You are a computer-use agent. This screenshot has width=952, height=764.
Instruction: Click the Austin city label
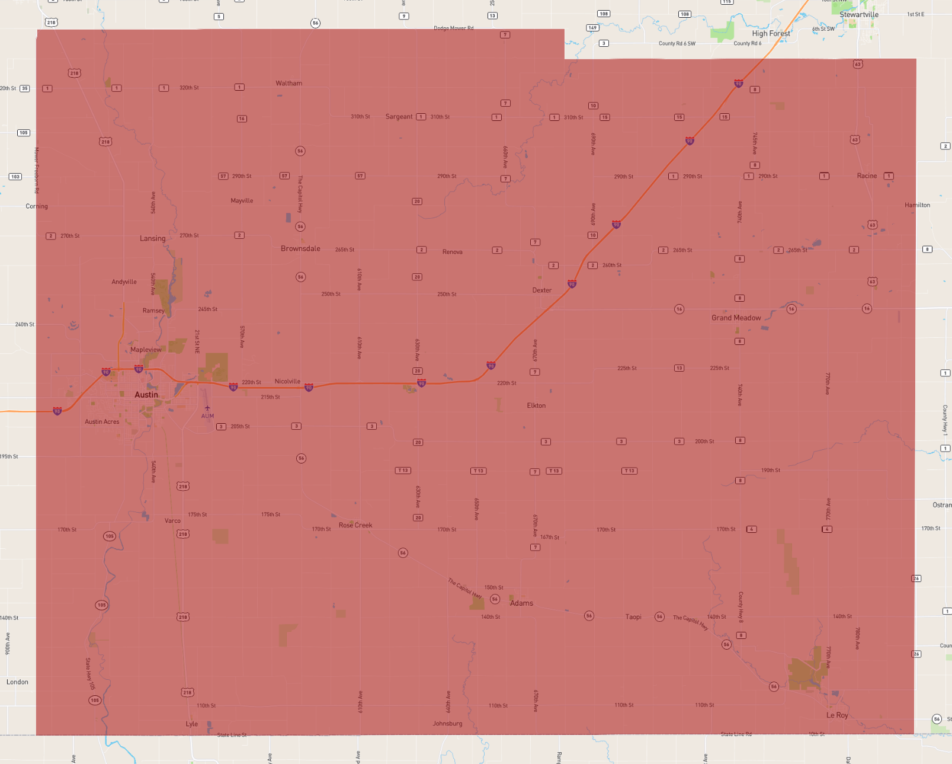(146, 395)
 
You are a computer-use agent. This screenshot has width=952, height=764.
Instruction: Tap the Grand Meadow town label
(736, 318)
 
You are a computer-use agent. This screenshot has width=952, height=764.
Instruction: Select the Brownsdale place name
(300, 248)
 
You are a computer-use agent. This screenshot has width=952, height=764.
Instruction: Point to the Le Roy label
(837, 715)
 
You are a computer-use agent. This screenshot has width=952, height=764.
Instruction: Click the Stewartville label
(858, 14)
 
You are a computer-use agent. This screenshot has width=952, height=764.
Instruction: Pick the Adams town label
(521, 603)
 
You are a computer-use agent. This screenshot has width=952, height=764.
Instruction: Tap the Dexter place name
(541, 290)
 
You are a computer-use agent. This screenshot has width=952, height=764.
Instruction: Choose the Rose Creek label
(355, 525)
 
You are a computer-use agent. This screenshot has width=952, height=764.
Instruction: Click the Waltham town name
(289, 83)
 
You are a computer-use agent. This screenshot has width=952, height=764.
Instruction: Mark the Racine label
(867, 176)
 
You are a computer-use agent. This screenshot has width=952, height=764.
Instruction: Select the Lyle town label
(192, 724)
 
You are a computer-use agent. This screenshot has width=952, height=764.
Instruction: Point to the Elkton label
(536, 405)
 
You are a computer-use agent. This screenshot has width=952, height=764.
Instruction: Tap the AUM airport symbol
(207, 408)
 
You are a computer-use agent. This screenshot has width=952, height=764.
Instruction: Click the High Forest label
(771, 33)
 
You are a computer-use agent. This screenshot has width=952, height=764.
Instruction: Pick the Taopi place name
(633, 617)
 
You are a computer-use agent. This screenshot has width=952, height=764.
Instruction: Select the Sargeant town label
(399, 117)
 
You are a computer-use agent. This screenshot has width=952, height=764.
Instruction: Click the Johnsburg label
(447, 724)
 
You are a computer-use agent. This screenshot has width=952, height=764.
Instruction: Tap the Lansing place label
(152, 238)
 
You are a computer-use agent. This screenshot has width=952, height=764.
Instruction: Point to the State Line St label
(232, 735)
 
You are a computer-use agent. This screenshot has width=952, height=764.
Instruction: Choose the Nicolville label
(287, 381)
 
